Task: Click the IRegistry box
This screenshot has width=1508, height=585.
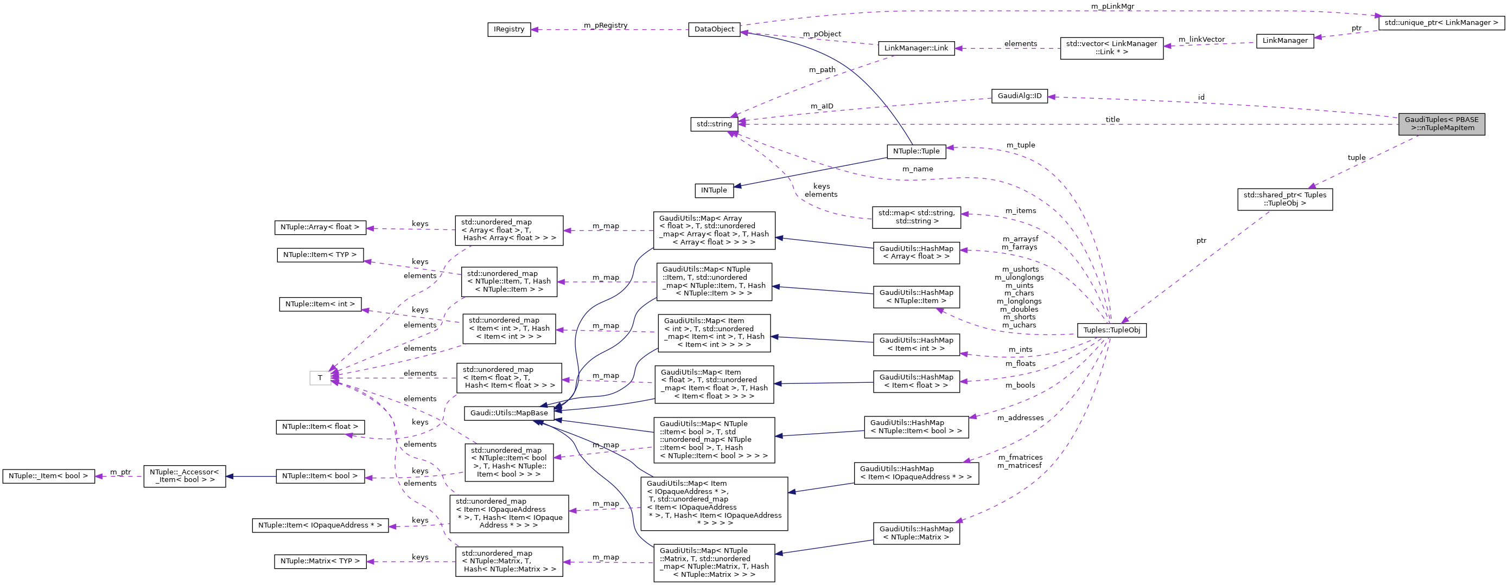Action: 508,29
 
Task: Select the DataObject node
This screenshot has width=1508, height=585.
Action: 714,29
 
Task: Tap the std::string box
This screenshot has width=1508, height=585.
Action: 714,124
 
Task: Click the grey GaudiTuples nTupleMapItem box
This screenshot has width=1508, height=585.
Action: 1441,124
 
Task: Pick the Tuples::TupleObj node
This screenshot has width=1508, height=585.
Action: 1111,330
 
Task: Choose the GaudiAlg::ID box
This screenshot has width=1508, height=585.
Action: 1019,96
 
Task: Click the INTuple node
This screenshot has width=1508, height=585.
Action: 714,190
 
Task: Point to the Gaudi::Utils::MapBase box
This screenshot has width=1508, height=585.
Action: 508,413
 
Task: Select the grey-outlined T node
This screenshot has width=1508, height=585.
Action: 320,378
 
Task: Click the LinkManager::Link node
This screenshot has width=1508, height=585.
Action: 915,48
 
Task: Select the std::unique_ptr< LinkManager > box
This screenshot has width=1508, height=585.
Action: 1441,23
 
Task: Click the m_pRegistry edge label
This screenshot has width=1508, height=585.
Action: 605,25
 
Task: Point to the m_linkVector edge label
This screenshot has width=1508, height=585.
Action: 1201,39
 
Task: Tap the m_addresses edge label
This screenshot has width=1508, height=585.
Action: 1020,417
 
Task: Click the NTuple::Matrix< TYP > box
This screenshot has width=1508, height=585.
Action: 320,561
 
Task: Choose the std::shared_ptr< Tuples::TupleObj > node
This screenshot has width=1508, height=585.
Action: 1284,199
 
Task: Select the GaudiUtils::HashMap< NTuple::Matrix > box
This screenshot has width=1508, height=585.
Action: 915,533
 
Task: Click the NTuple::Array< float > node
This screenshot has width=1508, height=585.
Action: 320,227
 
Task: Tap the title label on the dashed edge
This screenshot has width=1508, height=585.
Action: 1112,119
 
